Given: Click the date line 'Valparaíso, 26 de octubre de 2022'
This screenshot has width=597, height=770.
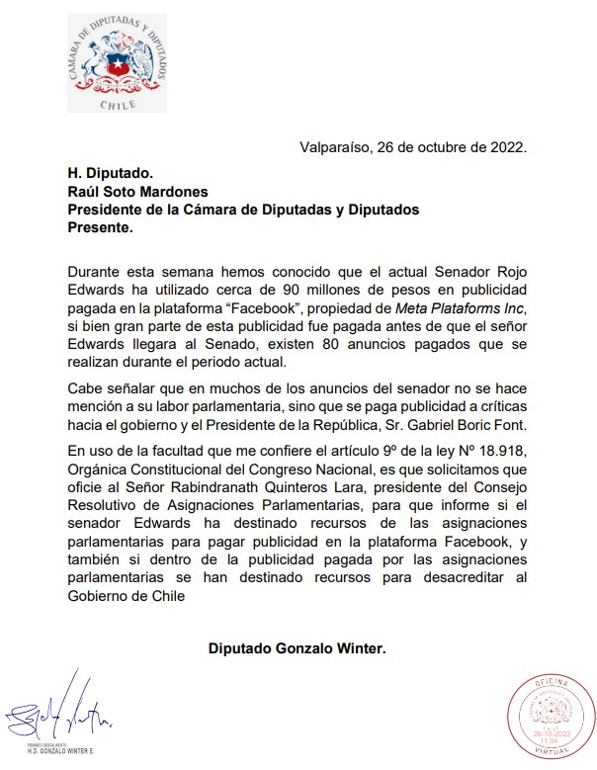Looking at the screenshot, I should tap(413, 148).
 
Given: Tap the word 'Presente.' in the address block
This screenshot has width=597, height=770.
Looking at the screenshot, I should tap(98, 227).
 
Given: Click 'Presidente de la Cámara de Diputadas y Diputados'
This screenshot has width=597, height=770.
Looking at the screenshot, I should tap(242, 210).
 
